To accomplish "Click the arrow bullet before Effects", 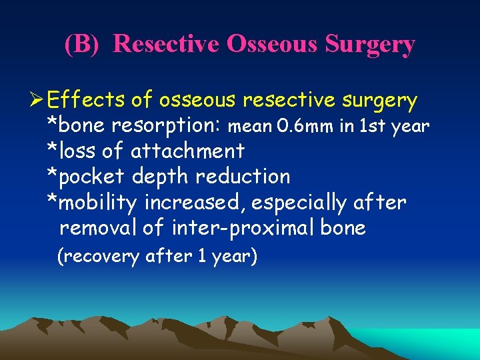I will [37, 101].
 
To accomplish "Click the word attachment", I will [187, 151].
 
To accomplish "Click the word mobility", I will [99, 202].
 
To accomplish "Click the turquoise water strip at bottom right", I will [433, 343].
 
